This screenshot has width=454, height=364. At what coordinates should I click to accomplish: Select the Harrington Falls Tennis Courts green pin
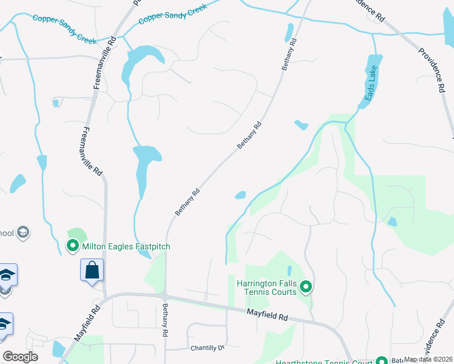[x=306, y=286]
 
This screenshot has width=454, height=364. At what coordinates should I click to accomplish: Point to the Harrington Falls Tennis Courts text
[x=266, y=287]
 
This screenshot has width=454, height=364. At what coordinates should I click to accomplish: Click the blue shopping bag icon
[x=92, y=270]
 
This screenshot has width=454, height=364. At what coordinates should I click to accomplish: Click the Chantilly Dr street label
[x=208, y=348]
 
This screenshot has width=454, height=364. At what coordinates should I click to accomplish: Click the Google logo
[x=20, y=357]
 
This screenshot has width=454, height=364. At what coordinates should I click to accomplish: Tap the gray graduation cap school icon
[x=23, y=232]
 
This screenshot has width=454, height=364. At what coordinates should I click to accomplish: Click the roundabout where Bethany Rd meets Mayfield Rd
[x=164, y=296]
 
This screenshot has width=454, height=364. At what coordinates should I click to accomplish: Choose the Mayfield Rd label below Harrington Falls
[x=268, y=314]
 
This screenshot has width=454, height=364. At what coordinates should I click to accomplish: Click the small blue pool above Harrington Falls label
[x=290, y=270]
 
